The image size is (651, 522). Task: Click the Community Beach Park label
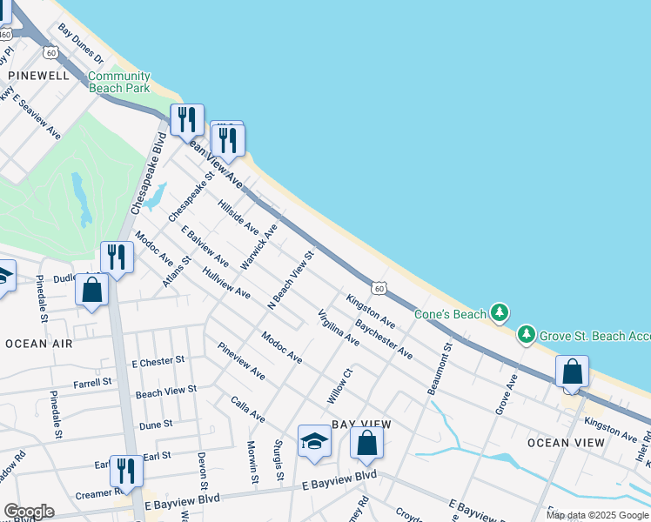coord(119,82)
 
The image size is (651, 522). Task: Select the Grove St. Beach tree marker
coord(526,334)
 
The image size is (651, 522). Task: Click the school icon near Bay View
coord(314,442)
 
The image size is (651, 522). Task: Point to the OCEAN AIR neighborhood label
coord(38,344)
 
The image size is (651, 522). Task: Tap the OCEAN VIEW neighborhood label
coord(566,443)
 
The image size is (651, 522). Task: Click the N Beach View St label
coord(290,281)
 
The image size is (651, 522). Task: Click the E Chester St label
coord(158,360)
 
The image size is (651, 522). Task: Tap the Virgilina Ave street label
coord(338,328)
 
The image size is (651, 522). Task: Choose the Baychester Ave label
coord(384,339)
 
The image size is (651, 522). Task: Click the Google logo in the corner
coord(30,512)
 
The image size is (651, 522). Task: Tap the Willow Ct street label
coord(339,385)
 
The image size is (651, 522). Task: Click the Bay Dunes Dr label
coord(81,44)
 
